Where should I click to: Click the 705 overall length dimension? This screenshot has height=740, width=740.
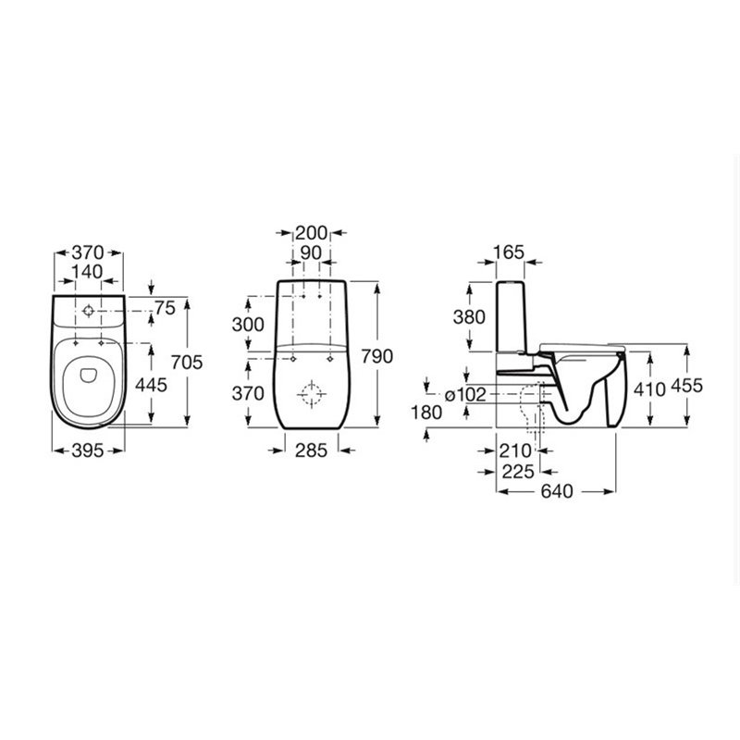[187, 362]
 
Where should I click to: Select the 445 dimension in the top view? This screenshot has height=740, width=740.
[151, 385]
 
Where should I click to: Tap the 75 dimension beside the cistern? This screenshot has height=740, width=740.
[166, 308]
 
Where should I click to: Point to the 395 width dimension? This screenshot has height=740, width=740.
[88, 450]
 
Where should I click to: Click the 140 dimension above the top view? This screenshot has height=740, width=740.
[87, 272]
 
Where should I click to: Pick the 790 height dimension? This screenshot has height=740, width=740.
[377, 356]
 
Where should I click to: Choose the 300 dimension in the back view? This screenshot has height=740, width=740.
[248, 325]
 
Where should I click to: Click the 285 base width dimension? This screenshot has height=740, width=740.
[312, 450]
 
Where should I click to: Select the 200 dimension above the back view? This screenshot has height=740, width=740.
[311, 233]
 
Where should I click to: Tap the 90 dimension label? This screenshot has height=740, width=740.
[311, 253]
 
